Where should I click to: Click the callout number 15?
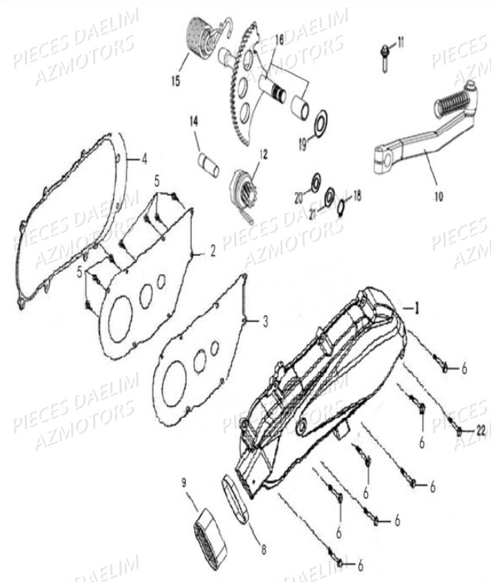pos(176,80)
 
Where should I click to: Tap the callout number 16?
pos(279,40)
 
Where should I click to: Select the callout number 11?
pos(401,42)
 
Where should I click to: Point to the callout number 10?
pos(439,197)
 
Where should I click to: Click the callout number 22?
pos(481,431)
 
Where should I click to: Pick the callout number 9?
pos(185,483)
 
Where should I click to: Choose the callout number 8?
pos(264,550)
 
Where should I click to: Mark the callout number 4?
pos(144,160)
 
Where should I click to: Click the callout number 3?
pos(265,321)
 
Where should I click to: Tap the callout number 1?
pos(416,308)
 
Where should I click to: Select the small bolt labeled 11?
pos(385,58)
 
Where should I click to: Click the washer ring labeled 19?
pos(321,122)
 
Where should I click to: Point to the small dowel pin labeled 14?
pos(208,165)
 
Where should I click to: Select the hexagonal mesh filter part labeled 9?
pos(210,533)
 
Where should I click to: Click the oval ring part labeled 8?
pos(237,499)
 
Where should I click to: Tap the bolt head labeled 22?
pos(459,432)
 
